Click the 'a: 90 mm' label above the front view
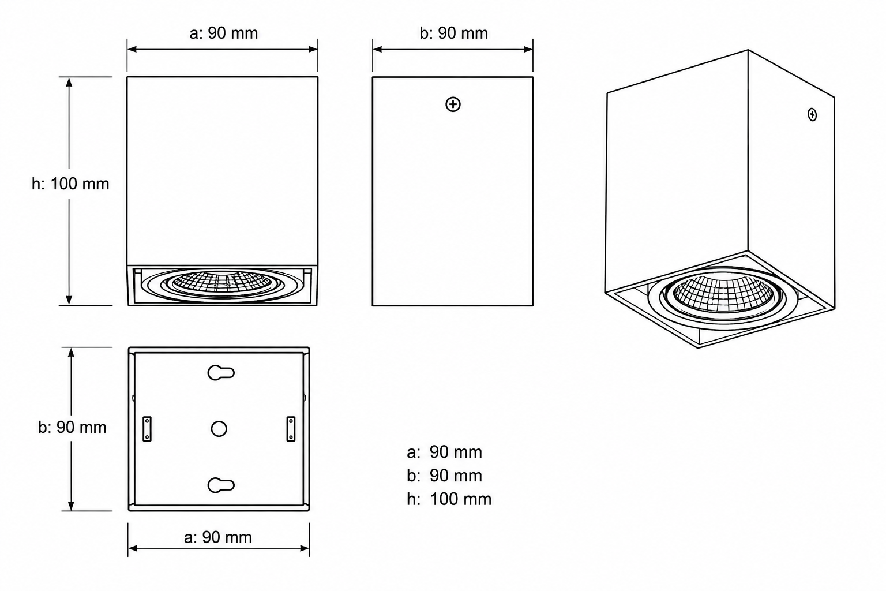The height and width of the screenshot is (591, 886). point(223,33)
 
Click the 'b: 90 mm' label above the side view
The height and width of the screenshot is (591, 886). point(454,33)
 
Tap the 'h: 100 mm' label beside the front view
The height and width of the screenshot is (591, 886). point(70,184)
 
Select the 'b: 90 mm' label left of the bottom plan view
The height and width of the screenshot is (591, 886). point(72,427)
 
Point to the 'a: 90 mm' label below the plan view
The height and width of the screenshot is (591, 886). point(218,537)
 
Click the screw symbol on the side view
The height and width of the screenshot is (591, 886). point(453,104)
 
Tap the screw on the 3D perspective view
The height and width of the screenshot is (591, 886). point(812,115)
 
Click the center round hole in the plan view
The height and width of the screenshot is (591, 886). point(219,429)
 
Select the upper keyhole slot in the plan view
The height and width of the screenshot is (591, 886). point(221,373)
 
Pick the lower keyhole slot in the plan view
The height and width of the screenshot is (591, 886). point(221,485)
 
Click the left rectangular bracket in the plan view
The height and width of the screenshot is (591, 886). point(147,429)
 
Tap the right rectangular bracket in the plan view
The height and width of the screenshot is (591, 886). point(291,429)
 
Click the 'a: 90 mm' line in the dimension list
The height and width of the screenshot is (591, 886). point(444,452)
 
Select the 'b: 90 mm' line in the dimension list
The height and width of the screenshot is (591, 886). point(444,476)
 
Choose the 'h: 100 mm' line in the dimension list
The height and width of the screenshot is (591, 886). point(449,499)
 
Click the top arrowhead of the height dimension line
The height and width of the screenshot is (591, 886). point(69,81)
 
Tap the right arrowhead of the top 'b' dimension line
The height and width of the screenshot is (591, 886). point(528,49)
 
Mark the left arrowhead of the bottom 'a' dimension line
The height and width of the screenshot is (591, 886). point(133,548)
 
